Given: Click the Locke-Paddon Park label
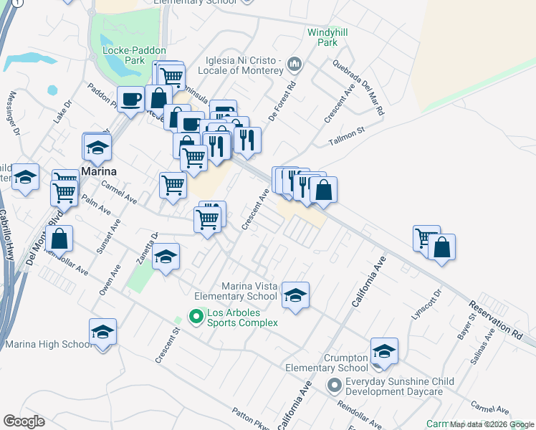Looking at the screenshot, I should tap(134, 56).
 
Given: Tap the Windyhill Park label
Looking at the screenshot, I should tap(322, 37).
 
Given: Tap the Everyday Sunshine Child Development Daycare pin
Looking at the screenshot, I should tap(334, 386).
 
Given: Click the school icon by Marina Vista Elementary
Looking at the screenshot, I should tap(295, 295).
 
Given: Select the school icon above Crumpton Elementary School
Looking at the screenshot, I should tap(384, 350).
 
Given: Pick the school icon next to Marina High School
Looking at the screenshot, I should tap(102, 332).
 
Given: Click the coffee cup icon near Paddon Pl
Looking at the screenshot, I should tap(130, 99).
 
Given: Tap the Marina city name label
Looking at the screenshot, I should tap(98, 172).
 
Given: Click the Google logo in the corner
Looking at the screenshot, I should tap(24, 421).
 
